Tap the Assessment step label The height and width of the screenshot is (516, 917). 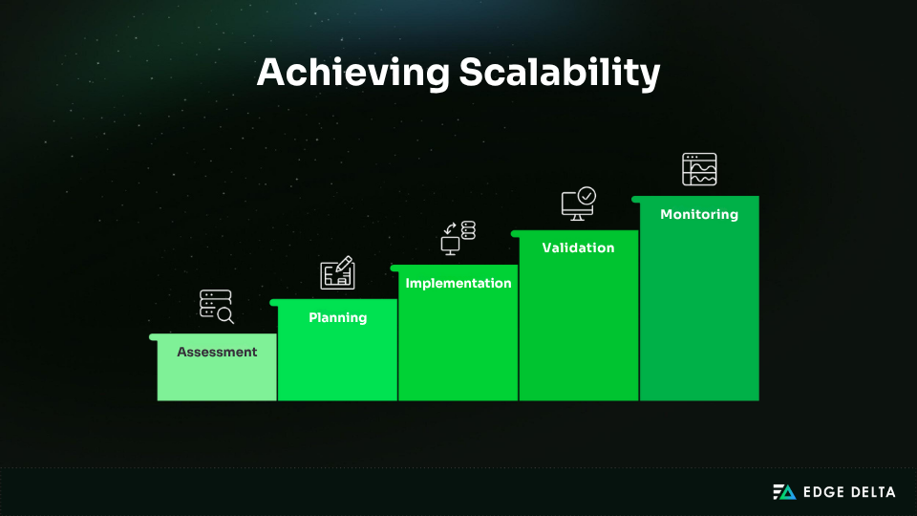pos(217,352)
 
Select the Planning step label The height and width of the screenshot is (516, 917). pos(337,317)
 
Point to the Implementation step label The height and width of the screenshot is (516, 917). pos(458,283)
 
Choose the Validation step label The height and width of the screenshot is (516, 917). pos(578,247)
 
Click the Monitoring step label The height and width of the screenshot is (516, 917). pos(699,214)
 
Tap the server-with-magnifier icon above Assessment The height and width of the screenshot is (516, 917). pos(216,306)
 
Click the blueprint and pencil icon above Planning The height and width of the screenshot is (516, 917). pos(337,272)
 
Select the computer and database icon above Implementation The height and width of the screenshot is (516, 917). pos(458,237)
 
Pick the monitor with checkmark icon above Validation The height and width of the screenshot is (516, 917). pos(578,203)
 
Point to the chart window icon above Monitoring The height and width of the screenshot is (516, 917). pos(699,169)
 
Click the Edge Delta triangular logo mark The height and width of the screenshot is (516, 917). pos(783,492)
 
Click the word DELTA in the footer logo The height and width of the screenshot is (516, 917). pos(874,492)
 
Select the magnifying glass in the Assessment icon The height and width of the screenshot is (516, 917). pos(226,314)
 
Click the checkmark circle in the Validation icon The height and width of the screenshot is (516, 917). pos(586,195)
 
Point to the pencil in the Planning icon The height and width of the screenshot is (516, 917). pos(345,264)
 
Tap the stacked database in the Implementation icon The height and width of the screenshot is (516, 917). pos(468,229)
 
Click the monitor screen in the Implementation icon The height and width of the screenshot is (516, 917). pos(450,244)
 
